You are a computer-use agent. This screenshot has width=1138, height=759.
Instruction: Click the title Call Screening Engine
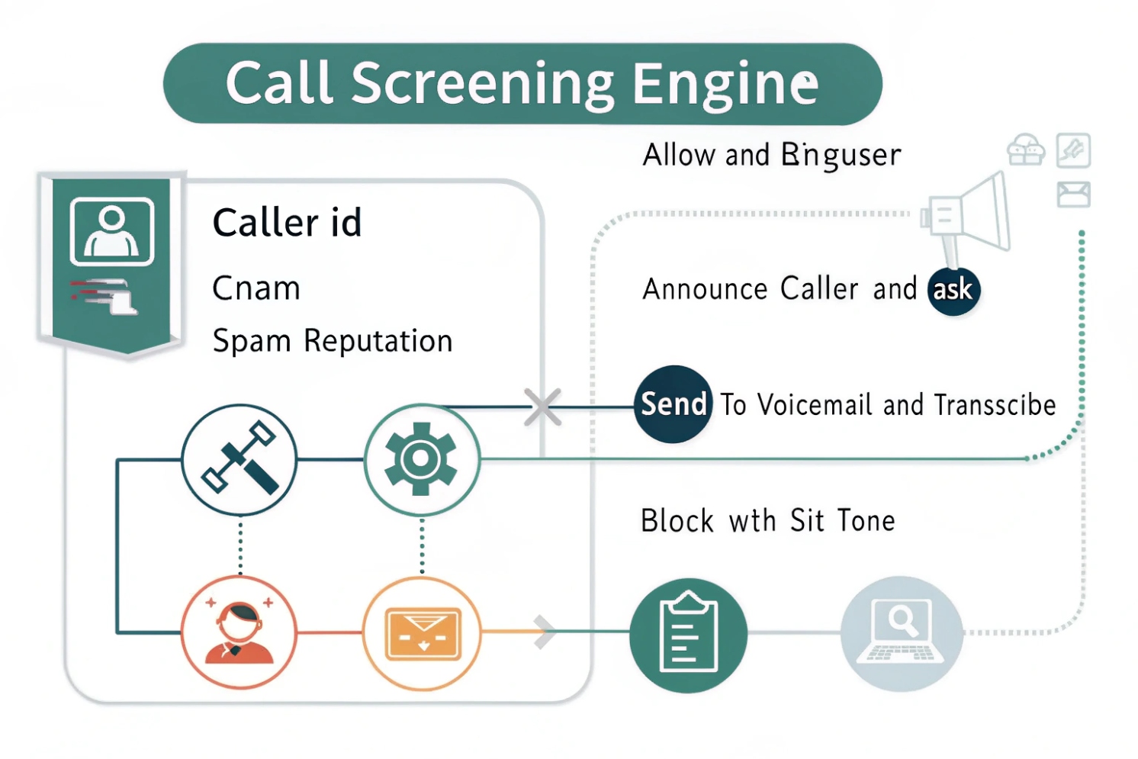tap(522, 83)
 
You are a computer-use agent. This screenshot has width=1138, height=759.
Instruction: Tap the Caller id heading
tap(287, 223)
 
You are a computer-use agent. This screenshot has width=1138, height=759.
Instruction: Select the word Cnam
tap(256, 288)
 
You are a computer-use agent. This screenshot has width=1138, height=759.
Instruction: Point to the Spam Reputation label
tap(333, 341)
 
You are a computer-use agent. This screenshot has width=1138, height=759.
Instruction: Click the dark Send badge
tap(673, 404)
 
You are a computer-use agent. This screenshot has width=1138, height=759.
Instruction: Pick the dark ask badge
tap(953, 290)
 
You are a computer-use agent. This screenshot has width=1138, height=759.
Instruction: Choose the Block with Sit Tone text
tap(767, 521)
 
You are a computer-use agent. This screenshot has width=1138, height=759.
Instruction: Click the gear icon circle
tap(422, 460)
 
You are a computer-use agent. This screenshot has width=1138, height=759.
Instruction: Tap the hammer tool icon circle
tap(239, 460)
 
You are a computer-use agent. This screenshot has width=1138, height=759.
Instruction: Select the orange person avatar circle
tap(239, 632)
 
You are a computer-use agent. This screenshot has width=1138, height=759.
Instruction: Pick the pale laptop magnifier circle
tap(901, 633)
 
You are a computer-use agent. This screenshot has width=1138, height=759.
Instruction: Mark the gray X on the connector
tap(543, 406)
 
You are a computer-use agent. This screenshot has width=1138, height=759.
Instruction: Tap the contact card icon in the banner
tap(112, 231)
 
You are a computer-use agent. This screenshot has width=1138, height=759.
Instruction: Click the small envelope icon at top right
tap(1073, 194)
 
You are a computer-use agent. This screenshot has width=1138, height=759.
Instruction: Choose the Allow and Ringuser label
tap(771, 155)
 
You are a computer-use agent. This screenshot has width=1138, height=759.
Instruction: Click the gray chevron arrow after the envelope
tap(545, 632)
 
